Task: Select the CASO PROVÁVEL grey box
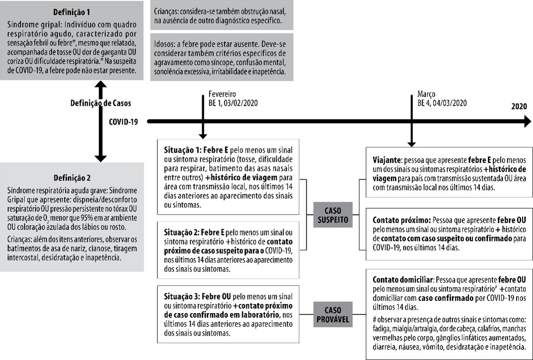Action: click(x=333, y=313)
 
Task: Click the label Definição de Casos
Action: click(x=100, y=103)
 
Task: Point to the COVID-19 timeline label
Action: click(x=123, y=122)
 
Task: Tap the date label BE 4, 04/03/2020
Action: click(x=442, y=103)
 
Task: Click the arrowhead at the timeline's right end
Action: click(x=528, y=122)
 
